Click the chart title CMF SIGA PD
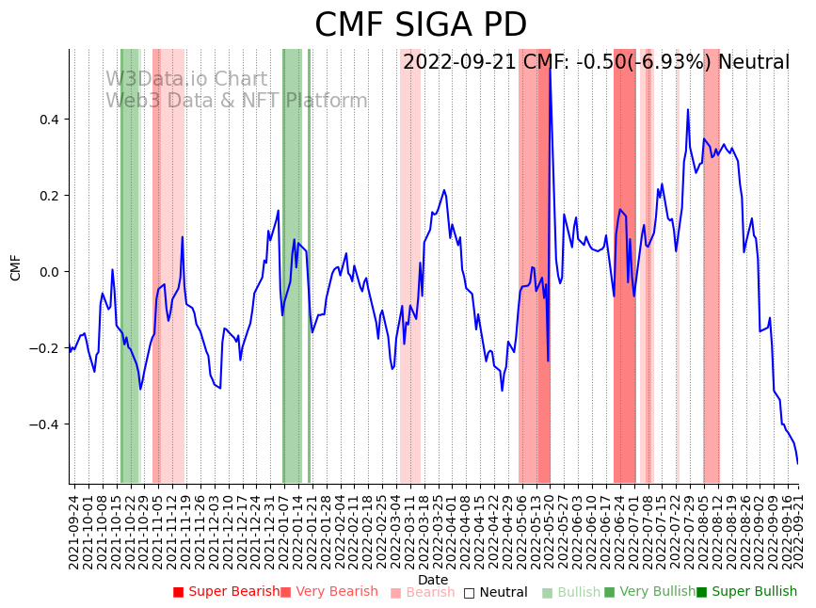coord(420,25)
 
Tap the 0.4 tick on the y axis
coord(49,120)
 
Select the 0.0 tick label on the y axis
coord(49,272)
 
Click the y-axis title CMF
coord(15,267)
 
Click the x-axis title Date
coord(433,580)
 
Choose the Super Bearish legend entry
coord(226,592)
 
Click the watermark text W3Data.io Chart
coord(186,80)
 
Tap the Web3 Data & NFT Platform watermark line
coord(236,101)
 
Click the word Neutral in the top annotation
coord(754,63)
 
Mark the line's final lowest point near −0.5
coord(797,463)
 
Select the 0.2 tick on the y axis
coord(49,196)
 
